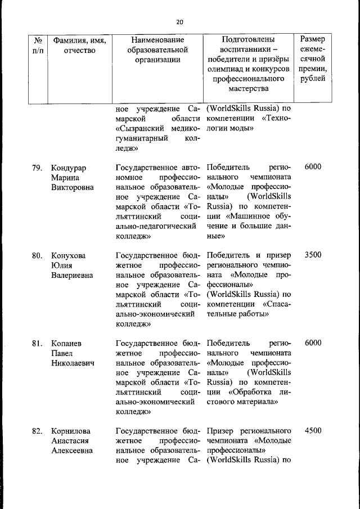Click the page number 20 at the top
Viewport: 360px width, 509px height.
179,22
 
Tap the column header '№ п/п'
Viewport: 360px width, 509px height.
39,46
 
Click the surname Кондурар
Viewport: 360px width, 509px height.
70,168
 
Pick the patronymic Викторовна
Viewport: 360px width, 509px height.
72,187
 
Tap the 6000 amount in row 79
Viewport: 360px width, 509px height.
313,168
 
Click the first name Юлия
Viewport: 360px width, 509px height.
61,265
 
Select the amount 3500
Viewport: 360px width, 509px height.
313,255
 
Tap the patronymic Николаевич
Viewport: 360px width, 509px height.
73,363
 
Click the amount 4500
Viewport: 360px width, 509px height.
313,431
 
